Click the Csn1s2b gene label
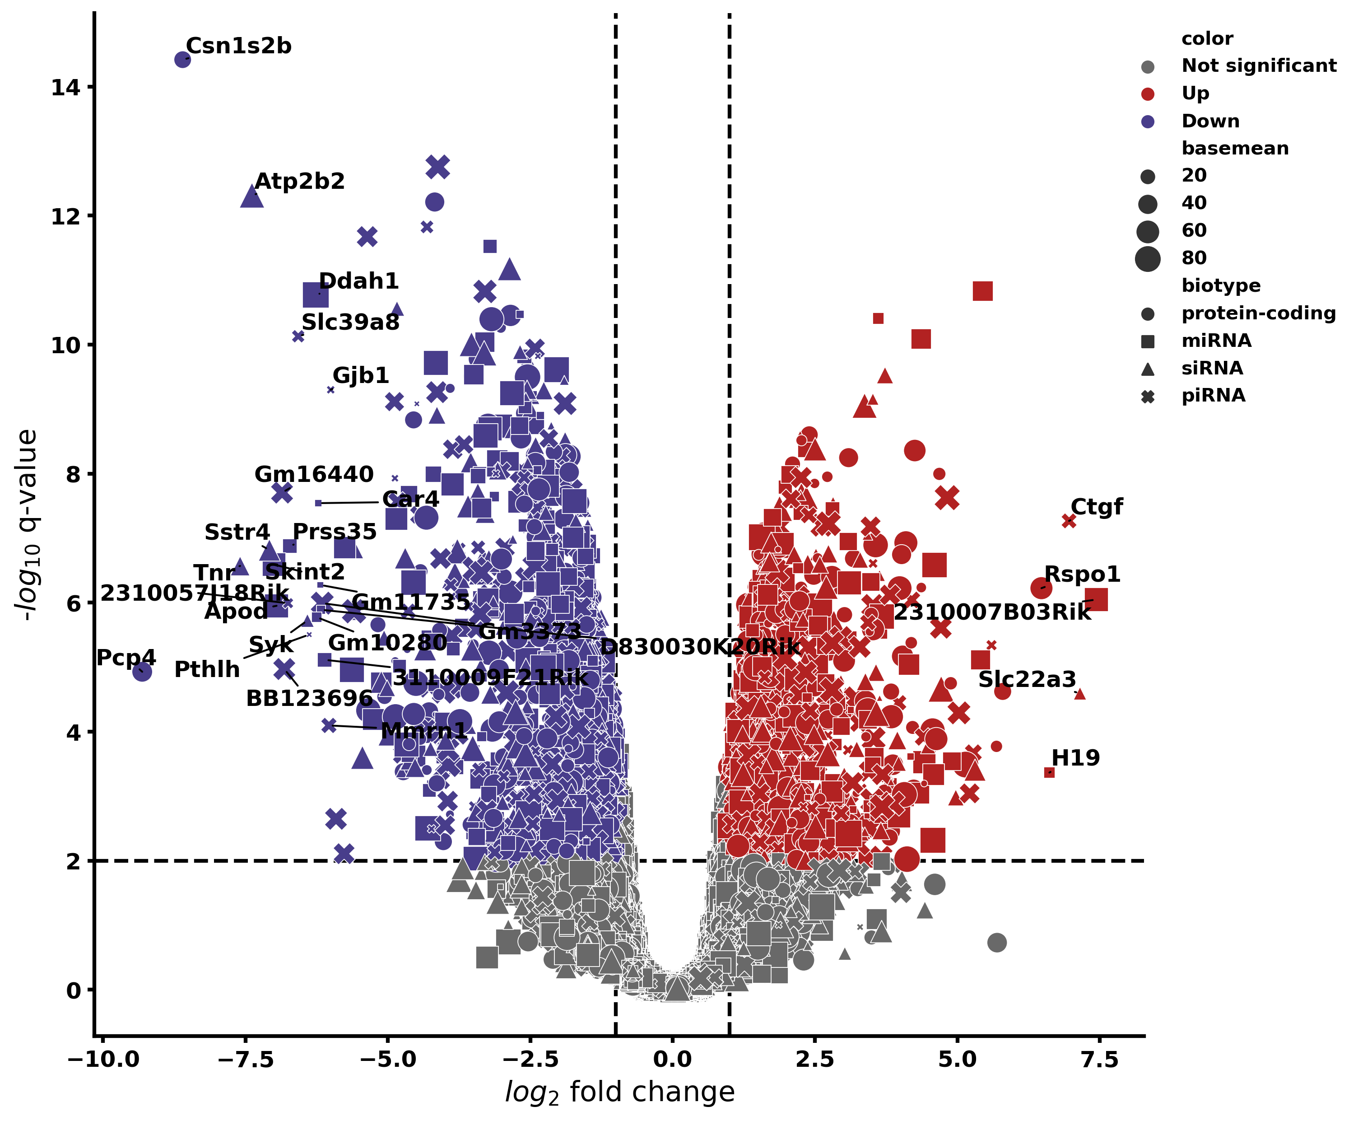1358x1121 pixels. click(x=238, y=46)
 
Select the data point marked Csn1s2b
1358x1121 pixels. click(x=183, y=60)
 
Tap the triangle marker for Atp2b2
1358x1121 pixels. click(x=252, y=196)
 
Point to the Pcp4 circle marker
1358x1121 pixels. click(x=142, y=672)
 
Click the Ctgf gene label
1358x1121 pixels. click(x=1096, y=507)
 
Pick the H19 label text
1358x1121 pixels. click(x=1075, y=757)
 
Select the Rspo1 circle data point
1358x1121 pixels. click(x=1041, y=588)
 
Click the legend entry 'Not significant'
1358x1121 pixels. click(x=1259, y=66)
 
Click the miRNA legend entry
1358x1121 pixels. click(x=1216, y=341)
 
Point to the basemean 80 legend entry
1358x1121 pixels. click(x=1193, y=258)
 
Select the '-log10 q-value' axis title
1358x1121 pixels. click(x=27, y=524)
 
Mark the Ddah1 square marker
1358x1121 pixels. click(x=316, y=295)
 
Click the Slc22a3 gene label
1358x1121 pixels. click(x=1027, y=679)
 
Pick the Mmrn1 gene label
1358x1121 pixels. click(x=423, y=731)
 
